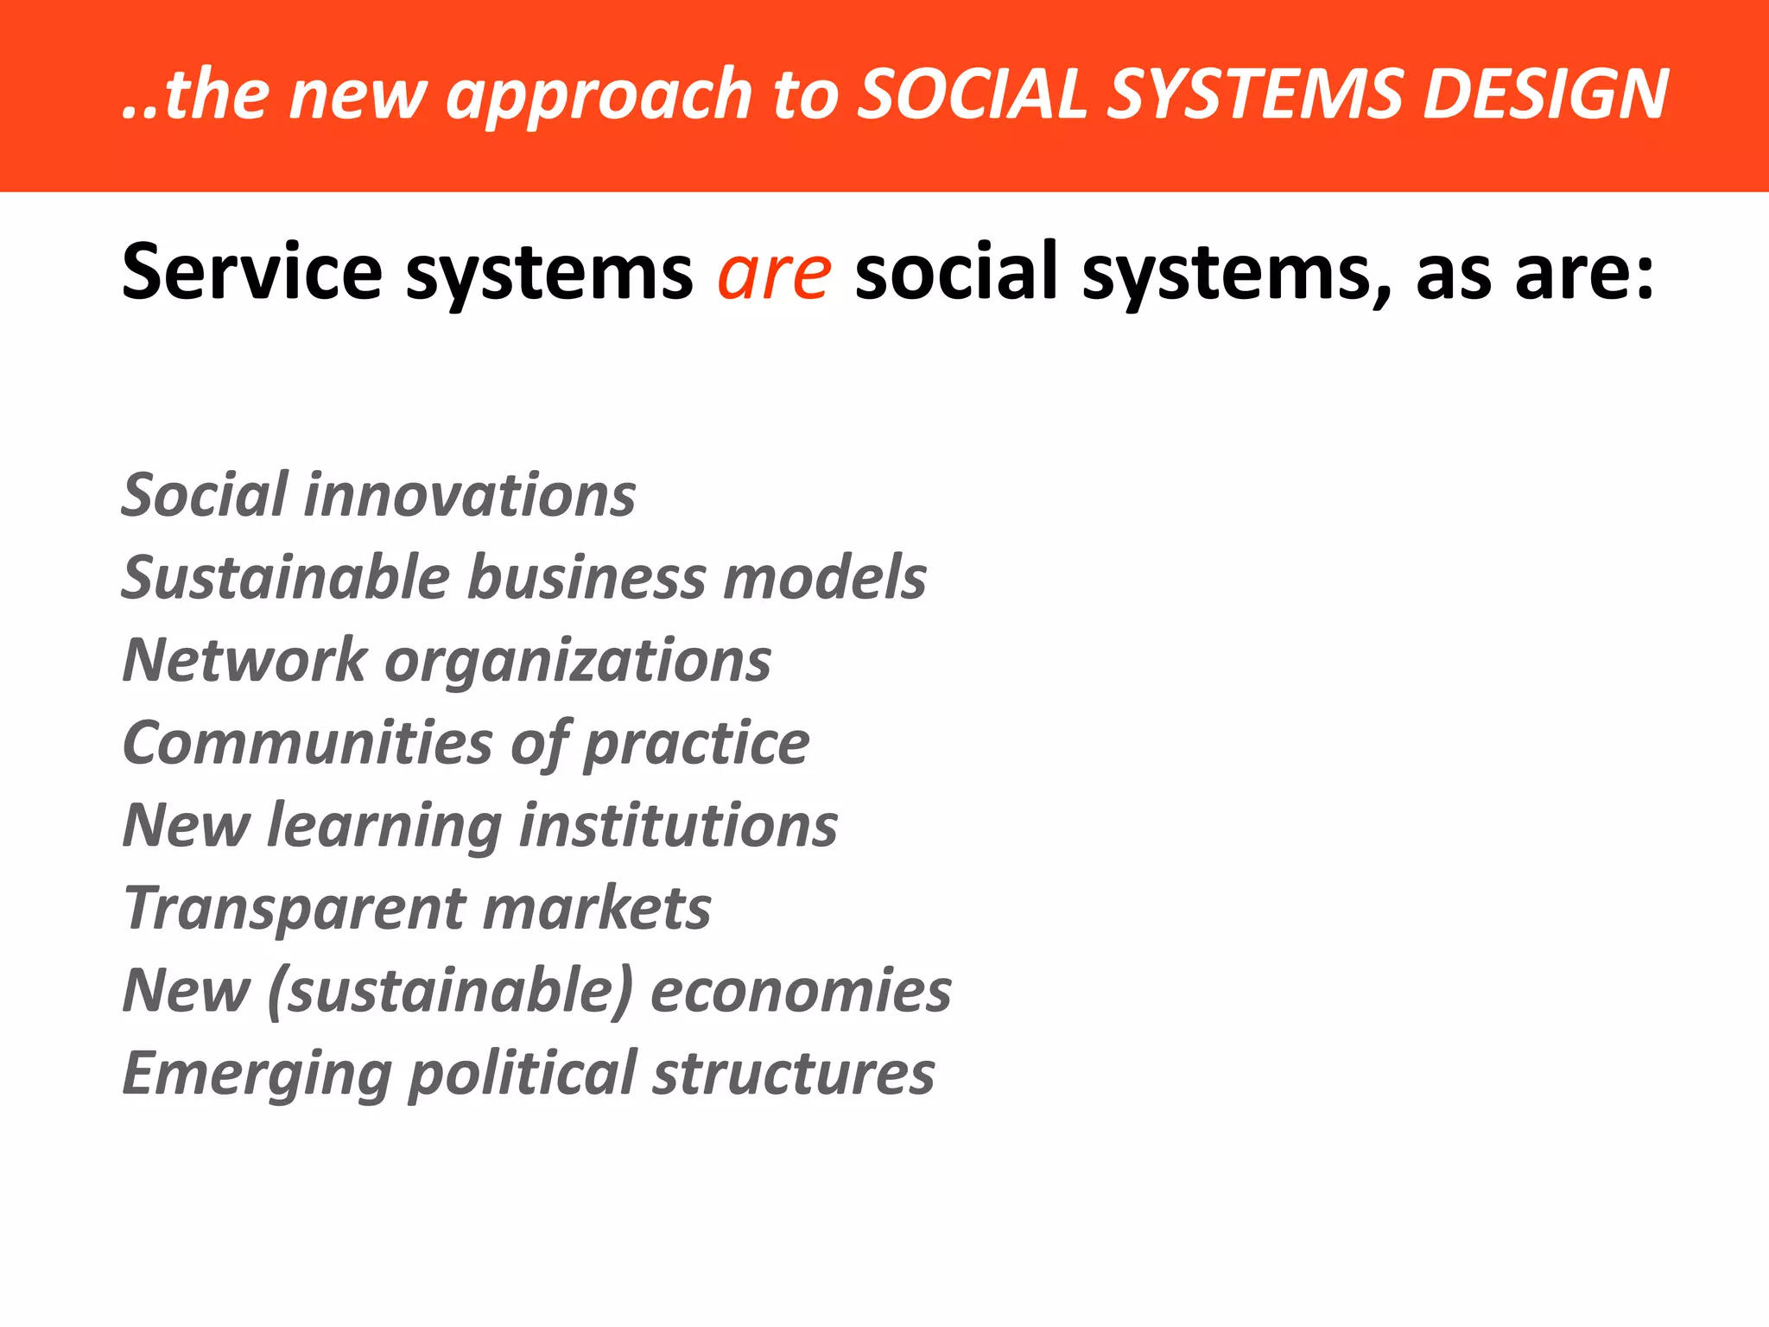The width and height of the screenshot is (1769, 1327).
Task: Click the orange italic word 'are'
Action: click(775, 274)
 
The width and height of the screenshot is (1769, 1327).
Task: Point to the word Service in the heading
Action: click(251, 272)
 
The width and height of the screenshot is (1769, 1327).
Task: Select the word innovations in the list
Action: click(470, 495)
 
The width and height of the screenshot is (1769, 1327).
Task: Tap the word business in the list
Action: click(586, 577)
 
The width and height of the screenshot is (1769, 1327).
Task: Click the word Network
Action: click(245, 660)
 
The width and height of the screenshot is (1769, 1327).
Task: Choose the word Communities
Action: click(308, 742)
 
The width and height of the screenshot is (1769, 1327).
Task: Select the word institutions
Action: click(679, 825)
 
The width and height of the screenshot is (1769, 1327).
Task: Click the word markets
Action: click(597, 908)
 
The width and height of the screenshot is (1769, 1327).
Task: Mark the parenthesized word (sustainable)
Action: click(451, 991)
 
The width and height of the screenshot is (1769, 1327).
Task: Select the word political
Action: click(523, 1074)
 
